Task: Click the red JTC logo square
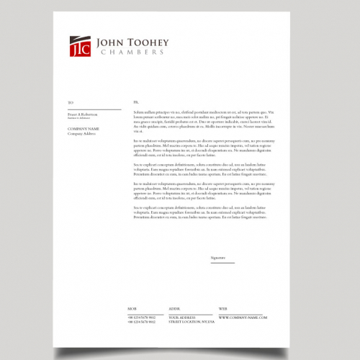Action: pos(80,46)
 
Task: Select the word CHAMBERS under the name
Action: pos(132,53)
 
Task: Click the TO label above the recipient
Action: pos(71,103)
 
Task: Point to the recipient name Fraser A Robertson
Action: pos(83,114)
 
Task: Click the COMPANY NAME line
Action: pos(83,129)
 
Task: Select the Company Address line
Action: pos(81,133)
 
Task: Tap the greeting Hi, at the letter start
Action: pos(135,103)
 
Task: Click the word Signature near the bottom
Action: pos(218,257)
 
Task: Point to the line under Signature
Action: pos(222,263)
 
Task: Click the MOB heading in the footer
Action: pos(132,308)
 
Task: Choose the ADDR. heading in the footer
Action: pos(174,308)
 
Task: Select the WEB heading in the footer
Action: pos(223,308)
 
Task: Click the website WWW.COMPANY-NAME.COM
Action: pos(243,317)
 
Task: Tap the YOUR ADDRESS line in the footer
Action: pos(182,317)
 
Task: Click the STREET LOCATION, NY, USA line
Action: pos(192,321)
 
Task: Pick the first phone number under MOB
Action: pos(142,317)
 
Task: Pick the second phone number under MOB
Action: pos(142,321)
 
